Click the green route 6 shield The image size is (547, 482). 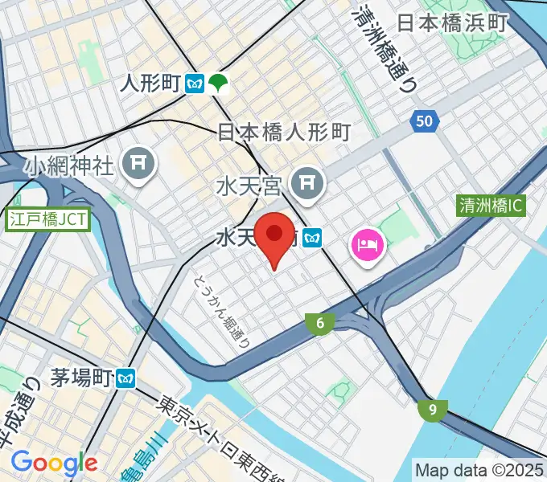tap(320, 324)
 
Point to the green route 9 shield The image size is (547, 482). tap(433, 410)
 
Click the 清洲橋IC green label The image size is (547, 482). tap(491, 206)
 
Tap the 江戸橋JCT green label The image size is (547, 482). tap(48, 219)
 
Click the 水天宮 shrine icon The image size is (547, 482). tap(307, 185)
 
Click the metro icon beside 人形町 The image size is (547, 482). tap(194, 82)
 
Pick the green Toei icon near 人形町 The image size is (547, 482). tap(217, 82)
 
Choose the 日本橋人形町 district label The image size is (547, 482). tap(285, 133)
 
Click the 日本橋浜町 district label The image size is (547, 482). tap(452, 22)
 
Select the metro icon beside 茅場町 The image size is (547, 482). tap(125, 376)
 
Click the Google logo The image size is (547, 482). tap(54, 463)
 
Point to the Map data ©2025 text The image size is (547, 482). tap(479, 469)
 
